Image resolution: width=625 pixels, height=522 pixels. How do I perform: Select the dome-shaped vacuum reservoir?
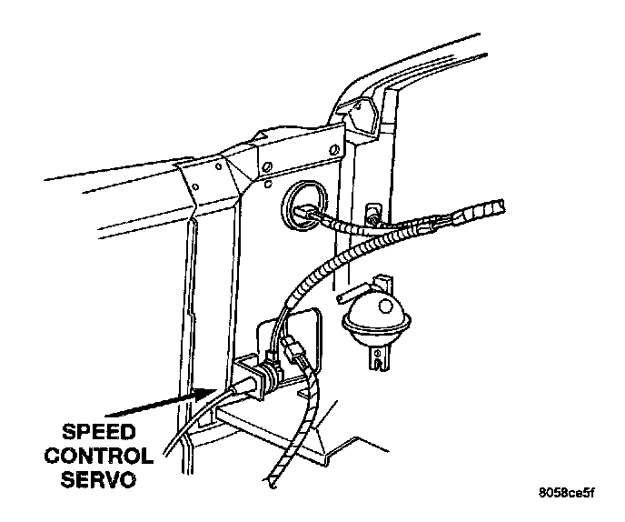click(376, 319)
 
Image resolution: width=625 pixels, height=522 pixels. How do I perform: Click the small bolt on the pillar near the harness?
click(372, 216)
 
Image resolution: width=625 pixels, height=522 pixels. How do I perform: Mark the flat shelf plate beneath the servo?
click(273, 427)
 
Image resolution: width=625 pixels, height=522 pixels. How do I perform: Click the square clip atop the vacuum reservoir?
click(382, 278)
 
